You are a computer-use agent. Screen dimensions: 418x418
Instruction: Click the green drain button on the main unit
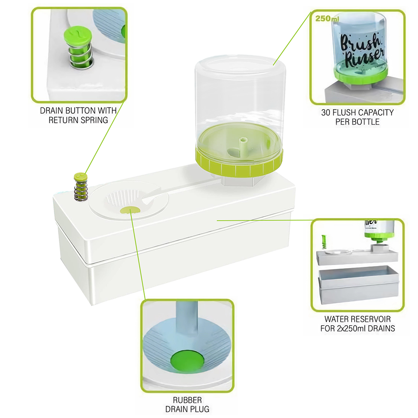click(81, 176)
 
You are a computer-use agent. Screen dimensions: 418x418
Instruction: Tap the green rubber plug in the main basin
click(130, 210)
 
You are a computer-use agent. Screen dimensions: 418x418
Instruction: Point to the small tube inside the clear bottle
click(243, 147)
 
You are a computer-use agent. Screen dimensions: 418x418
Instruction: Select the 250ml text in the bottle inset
click(327, 18)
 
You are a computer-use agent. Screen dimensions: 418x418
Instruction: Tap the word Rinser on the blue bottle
click(365, 58)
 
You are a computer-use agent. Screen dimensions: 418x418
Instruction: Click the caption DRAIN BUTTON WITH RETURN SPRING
click(78, 115)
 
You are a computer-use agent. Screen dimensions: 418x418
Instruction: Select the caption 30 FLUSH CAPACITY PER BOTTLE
click(357, 117)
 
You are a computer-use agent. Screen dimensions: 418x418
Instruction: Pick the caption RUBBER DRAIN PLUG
click(187, 404)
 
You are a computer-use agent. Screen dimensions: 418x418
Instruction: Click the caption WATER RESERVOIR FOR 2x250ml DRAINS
click(357, 324)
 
